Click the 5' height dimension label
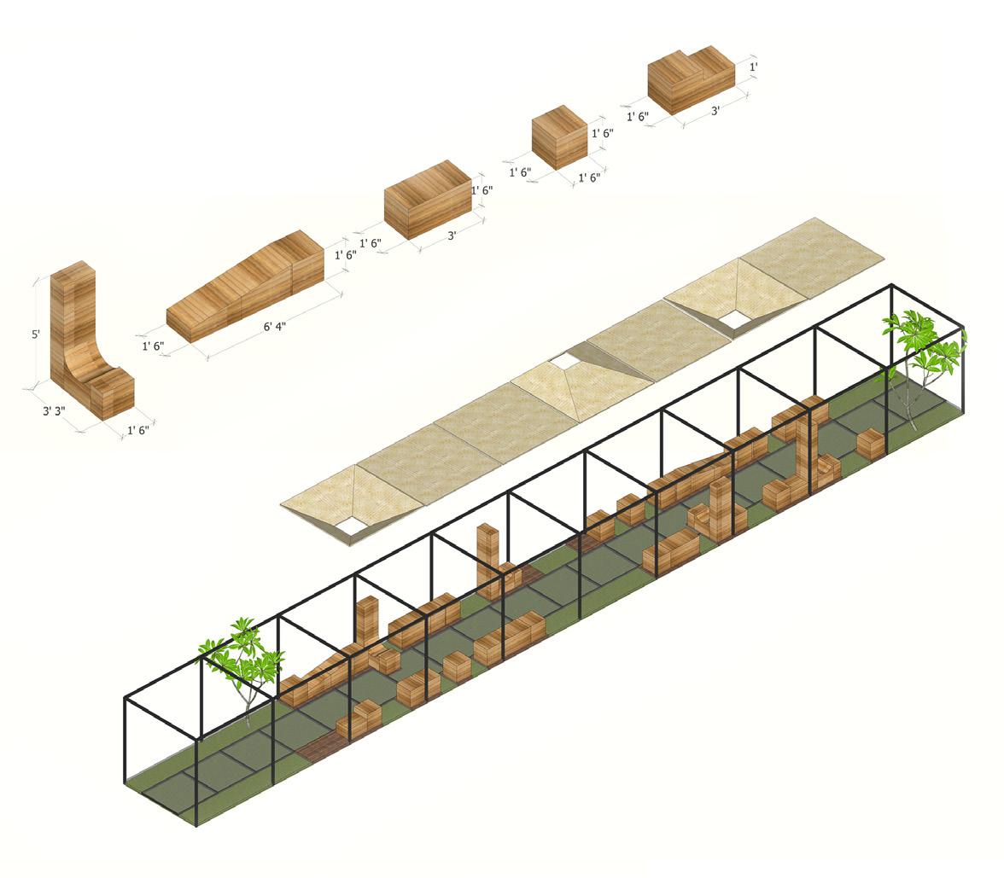coord(36,334)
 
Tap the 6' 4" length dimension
coord(273,326)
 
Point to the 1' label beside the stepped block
coord(753,67)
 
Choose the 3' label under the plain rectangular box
coord(452,235)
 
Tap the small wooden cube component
coord(559,137)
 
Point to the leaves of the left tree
coord(243,653)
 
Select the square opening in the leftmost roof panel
coord(351,526)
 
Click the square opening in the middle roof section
coord(564,363)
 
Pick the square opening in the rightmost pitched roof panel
coord(733,320)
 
